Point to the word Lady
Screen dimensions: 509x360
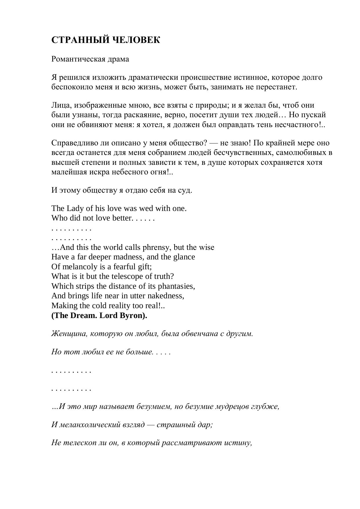coord(75,208)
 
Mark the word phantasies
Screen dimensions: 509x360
coord(176,286)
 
